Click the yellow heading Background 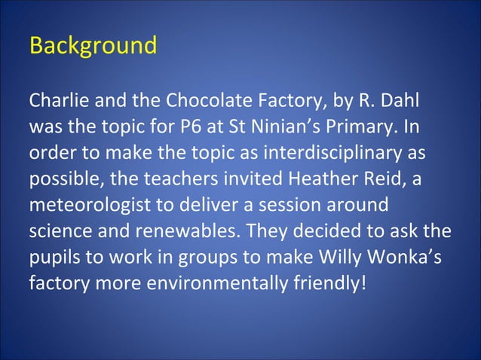93,45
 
